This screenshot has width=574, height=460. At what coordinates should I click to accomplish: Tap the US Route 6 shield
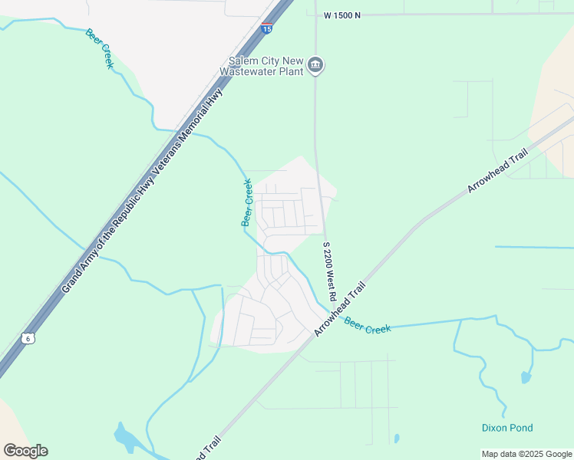(x=28, y=338)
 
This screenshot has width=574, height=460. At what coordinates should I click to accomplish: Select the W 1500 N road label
(x=341, y=15)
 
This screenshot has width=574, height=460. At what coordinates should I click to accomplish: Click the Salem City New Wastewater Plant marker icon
(x=315, y=67)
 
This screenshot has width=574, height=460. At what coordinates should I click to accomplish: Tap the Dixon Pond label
(x=507, y=428)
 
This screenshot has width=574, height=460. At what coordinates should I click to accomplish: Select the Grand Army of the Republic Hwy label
(x=106, y=231)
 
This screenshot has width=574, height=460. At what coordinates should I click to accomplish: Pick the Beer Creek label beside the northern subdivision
(x=247, y=202)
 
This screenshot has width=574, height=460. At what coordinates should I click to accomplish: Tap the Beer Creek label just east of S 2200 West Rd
(x=368, y=325)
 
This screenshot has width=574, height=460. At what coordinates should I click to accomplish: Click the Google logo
(x=25, y=451)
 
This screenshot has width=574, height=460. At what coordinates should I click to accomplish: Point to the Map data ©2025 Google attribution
(x=526, y=454)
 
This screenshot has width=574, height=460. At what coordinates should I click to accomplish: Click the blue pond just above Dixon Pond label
(x=525, y=377)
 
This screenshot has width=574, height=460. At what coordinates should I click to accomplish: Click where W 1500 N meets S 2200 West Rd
(x=315, y=15)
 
